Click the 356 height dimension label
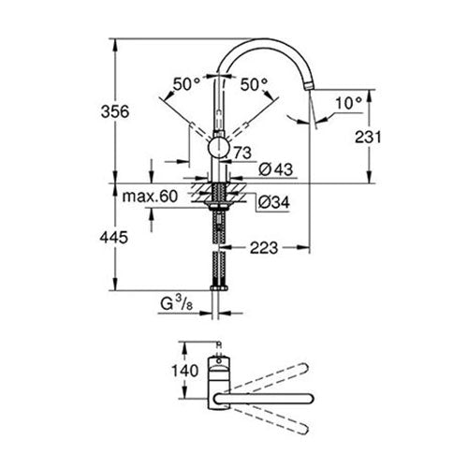coord(115,111)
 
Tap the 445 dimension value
coord(114,238)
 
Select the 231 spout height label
coord(368,137)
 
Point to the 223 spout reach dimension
coord(264,248)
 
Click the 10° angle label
coord(348,103)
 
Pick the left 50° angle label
coord(186,84)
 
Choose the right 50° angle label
coord(254,84)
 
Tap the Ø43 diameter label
coord(276,169)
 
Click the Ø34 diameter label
coord(274,202)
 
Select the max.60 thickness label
coord(150,197)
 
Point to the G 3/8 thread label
coord(176,303)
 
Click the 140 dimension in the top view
coord(185,371)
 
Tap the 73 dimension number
coord(242,153)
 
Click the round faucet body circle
coord(219,148)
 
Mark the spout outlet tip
coord(309,86)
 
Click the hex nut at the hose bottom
coord(219,288)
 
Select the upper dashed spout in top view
coord(269,376)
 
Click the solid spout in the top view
coord(264,399)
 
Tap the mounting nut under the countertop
coord(219,205)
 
